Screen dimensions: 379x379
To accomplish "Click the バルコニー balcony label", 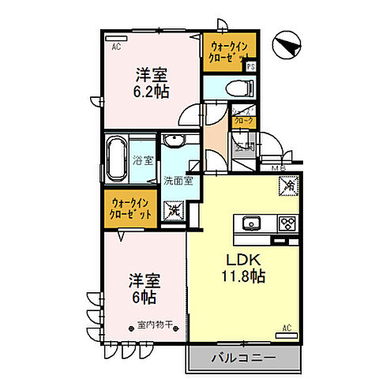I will [242, 358].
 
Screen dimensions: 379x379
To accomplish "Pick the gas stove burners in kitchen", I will [286, 223].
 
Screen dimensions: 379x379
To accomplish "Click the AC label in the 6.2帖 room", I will [115, 47].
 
